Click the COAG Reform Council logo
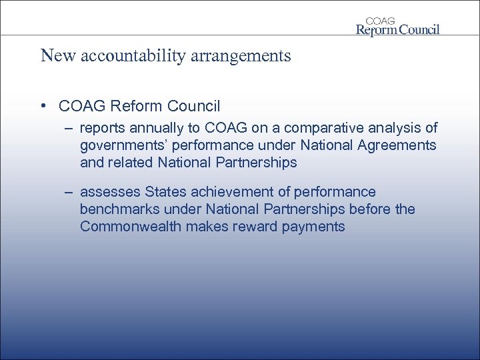click(x=397, y=25)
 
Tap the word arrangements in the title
click(x=246, y=55)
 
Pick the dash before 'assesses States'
click(x=69, y=193)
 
